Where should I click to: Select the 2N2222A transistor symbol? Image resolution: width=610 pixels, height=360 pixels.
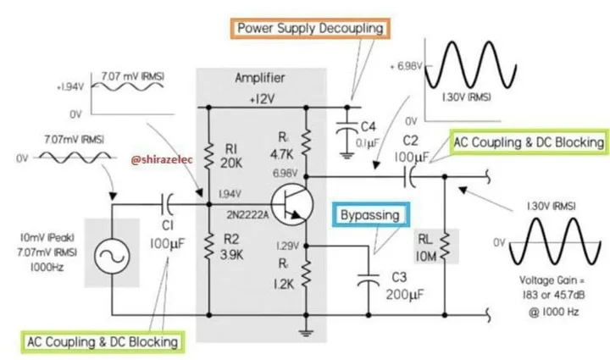point(291,205)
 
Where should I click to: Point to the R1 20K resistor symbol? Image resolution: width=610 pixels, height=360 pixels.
point(209,156)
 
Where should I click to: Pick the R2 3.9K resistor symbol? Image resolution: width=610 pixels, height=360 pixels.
point(209,246)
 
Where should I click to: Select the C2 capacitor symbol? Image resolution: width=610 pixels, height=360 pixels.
point(409,176)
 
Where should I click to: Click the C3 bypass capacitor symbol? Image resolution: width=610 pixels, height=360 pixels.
point(368,280)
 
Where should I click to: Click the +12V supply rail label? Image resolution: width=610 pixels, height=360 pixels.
point(262,99)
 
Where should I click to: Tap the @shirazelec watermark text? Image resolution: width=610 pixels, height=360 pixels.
point(162,160)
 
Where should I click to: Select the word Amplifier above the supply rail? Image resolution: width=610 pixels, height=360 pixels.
point(260,78)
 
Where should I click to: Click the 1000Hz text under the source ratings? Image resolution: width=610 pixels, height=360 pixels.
point(47,267)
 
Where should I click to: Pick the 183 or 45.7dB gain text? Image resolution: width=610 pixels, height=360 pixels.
point(553,295)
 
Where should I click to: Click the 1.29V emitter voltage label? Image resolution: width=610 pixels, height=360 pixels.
point(287,246)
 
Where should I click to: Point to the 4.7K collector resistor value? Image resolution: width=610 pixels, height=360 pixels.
point(282,154)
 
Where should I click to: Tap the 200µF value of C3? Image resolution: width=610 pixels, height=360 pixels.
point(405,294)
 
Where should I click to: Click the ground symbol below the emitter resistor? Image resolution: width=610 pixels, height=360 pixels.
point(306,332)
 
